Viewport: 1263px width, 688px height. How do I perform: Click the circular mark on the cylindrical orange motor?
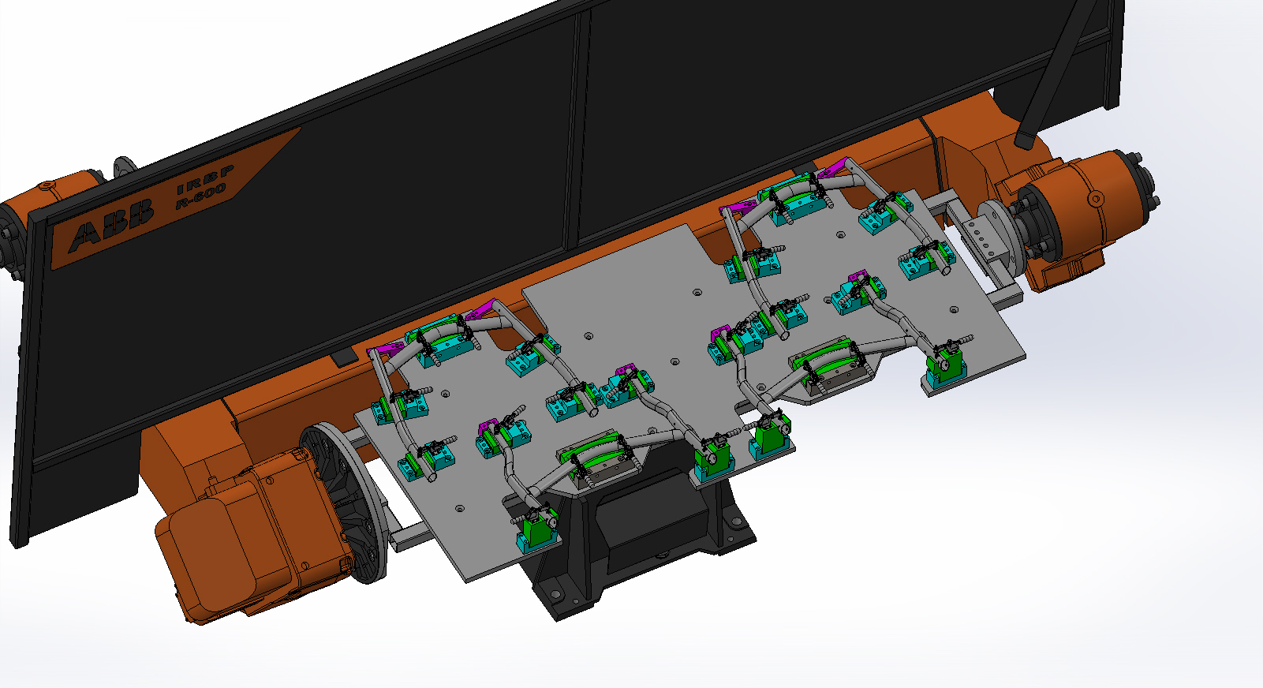1096,199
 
